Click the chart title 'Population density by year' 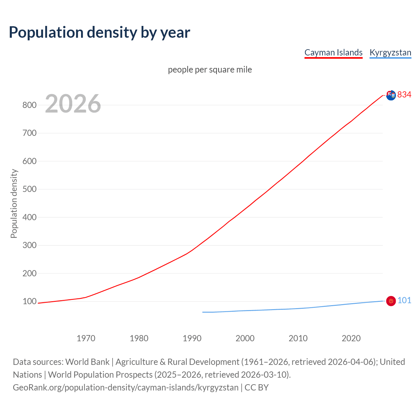click(x=99, y=32)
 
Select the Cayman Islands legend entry click(x=333, y=52)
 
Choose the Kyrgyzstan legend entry click(x=390, y=52)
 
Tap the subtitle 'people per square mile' click(x=210, y=70)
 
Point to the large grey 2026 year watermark click(x=73, y=104)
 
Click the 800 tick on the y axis click(x=29, y=105)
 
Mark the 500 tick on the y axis click(x=29, y=189)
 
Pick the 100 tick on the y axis click(x=29, y=301)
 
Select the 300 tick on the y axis click(x=29, y=245)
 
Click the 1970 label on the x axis click(x=86, y=338)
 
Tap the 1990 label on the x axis click(x=192, y=338)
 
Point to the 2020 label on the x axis click(x=351, y=338)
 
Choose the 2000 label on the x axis click(x=245, y=338)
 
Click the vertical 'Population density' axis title click(x=14, y=203)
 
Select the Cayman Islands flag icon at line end click(x=391, y=95)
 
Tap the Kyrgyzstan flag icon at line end click(x=391, y=301)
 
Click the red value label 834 click(x=404, y=94)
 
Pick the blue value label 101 click(x=404, y=301)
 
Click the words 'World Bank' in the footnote click(x=87, y=362)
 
